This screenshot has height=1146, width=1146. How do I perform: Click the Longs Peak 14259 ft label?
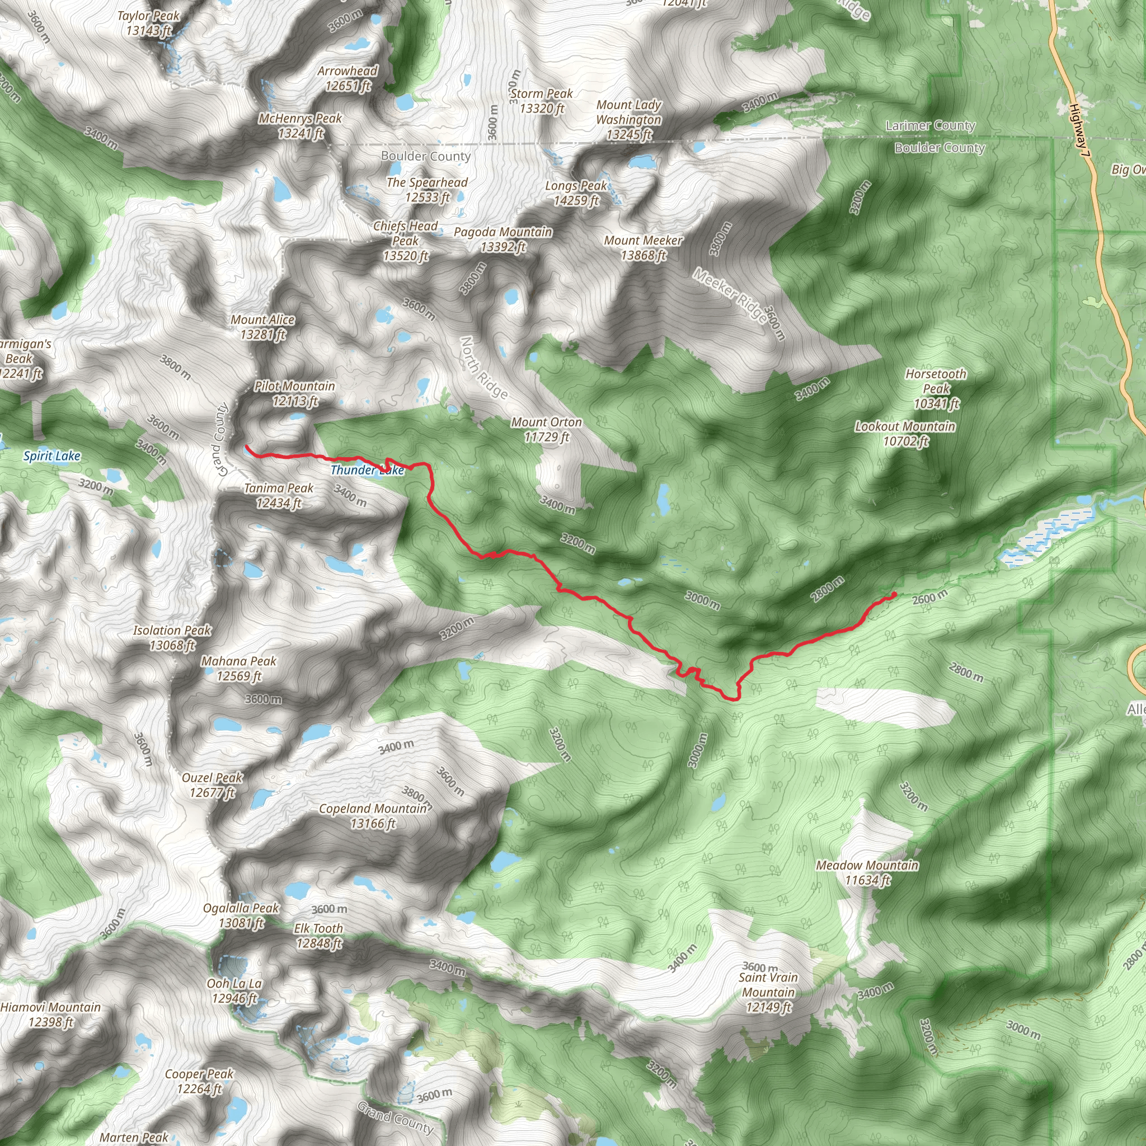tap(575, 194)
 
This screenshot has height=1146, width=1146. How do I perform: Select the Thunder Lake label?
tap(367, 471)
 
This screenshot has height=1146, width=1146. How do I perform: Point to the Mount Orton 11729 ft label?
tap(546, 429)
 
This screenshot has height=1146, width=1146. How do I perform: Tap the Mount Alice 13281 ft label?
tap(263, 327)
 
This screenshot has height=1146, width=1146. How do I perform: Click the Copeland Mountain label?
tap(373, 816)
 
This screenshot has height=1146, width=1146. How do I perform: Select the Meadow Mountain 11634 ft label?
tap(867, 872)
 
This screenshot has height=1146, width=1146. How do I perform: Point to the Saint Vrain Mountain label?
tap(768, 992)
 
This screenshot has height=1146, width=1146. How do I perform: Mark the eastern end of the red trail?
tap(894, 594)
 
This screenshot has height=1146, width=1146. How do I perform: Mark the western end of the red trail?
tap(246, 446)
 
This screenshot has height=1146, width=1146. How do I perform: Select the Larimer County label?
tap(930, 126)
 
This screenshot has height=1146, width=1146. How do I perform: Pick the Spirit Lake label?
tap(51, 455)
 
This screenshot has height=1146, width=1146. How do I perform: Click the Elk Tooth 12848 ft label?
tap(318, 936)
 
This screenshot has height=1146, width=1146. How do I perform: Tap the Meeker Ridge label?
tap(730, 295)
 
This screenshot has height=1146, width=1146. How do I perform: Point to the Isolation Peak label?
tap(172, 638)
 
